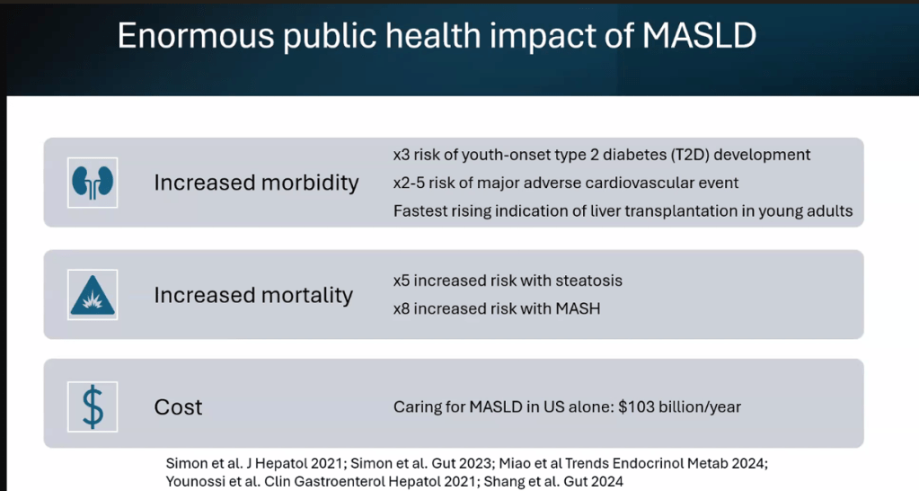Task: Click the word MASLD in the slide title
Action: pos(700,35)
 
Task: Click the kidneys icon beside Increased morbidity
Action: pos(93,183)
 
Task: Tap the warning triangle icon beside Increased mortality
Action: pos(93,295)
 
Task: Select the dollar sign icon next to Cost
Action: pos(93,406)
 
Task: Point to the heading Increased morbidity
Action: pos(256,183)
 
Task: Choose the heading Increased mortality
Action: pos(253,295)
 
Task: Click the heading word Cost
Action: pos(178,407)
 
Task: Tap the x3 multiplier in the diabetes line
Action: pos(402,155)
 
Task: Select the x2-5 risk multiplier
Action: pos(410,183)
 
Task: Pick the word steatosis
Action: pos(588,281)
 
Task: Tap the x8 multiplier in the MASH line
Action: pos(402,308)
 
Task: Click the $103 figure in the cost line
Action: pos(635,407)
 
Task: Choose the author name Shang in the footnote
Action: pos(506,482)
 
